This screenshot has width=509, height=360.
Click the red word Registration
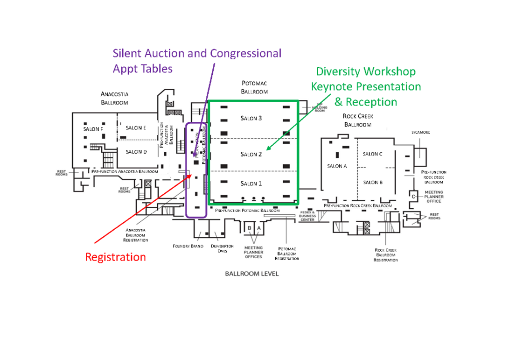click(115, 257)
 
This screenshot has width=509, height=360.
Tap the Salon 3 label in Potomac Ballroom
click(251, 118)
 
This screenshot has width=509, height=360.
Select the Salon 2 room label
click(251, 154)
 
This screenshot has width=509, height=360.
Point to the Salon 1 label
click(251, 184)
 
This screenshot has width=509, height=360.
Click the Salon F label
click(93, 129)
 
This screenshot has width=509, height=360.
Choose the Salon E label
click(136, 128)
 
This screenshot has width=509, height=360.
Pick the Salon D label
click(136, 152)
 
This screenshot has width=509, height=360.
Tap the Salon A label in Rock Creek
click(337, 166)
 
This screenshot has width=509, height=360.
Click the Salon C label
click(372, 154)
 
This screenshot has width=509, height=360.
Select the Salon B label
click(372, 183)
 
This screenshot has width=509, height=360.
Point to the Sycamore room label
click(420, 133)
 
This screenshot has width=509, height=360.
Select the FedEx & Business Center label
click(307, 216)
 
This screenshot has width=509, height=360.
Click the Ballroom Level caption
click(251, 274)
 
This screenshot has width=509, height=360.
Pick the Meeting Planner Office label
click(434, 197)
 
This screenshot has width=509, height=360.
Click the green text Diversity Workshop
click(366, 71)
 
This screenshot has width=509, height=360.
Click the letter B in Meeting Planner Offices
click(250, 228)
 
